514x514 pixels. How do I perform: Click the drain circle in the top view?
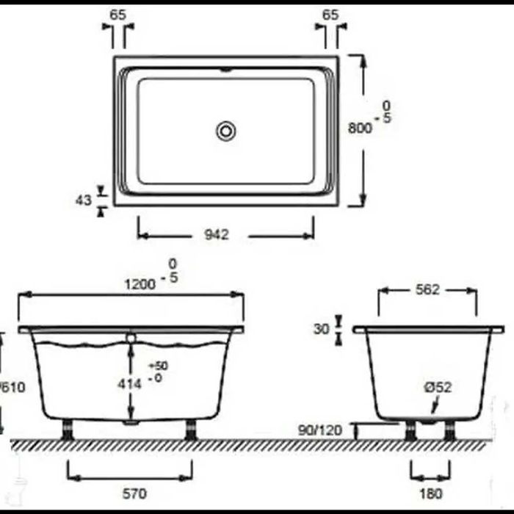[x=226, y=131]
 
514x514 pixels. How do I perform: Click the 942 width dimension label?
[x=218, y=234]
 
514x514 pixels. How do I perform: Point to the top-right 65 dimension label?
[x=330, y=14]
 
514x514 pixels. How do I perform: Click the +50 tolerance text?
[x=158, y=366]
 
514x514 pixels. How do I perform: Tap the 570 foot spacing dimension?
[x=130, y=492]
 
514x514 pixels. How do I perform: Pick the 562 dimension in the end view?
[x=427, y=290]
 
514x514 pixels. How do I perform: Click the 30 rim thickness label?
[x=321, y=329]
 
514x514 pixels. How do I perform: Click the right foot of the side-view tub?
[x=192, y=429]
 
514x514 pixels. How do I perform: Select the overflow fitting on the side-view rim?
[x=131, y=339]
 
